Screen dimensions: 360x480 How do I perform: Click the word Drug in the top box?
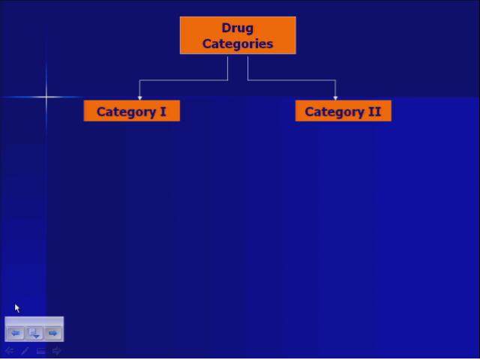tap(237, 28)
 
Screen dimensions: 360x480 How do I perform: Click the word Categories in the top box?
tap(237, 43)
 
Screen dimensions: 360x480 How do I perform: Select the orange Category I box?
tap(132, 112)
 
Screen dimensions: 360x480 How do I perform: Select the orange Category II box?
tap(343, 112)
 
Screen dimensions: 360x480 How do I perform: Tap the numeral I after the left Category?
tap(163, 112)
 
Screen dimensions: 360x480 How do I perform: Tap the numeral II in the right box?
tap(373, 112)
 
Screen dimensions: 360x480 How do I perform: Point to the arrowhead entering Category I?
tap(139, 97)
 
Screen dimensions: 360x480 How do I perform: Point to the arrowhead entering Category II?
tap(335, 97)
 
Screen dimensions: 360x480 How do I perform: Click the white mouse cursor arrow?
tap(16, 307)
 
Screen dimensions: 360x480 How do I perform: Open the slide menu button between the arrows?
tap(34, 333)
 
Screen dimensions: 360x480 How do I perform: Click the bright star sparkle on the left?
tap(46, 96)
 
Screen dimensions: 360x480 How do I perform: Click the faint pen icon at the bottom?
tap(25, 350)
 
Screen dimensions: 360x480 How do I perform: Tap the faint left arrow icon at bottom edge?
tap(9, 350)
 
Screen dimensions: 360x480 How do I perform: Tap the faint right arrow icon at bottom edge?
tap(56, 350)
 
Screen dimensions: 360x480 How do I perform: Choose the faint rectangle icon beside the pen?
tap(40, 350)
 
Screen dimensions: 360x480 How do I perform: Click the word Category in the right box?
tap(334, 112)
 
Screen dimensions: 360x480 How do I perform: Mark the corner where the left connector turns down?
tap(139, 79)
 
